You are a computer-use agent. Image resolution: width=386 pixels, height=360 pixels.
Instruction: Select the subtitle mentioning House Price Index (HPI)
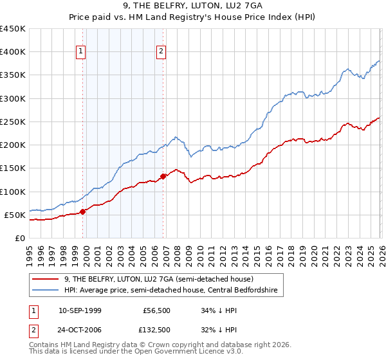(194, 18)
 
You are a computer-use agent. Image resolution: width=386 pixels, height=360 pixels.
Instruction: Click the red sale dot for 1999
(82, 212)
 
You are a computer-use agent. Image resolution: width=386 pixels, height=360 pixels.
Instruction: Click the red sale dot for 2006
(163, 176)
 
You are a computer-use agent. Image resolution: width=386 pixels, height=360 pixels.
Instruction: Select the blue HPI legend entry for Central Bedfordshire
(170, 290)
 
